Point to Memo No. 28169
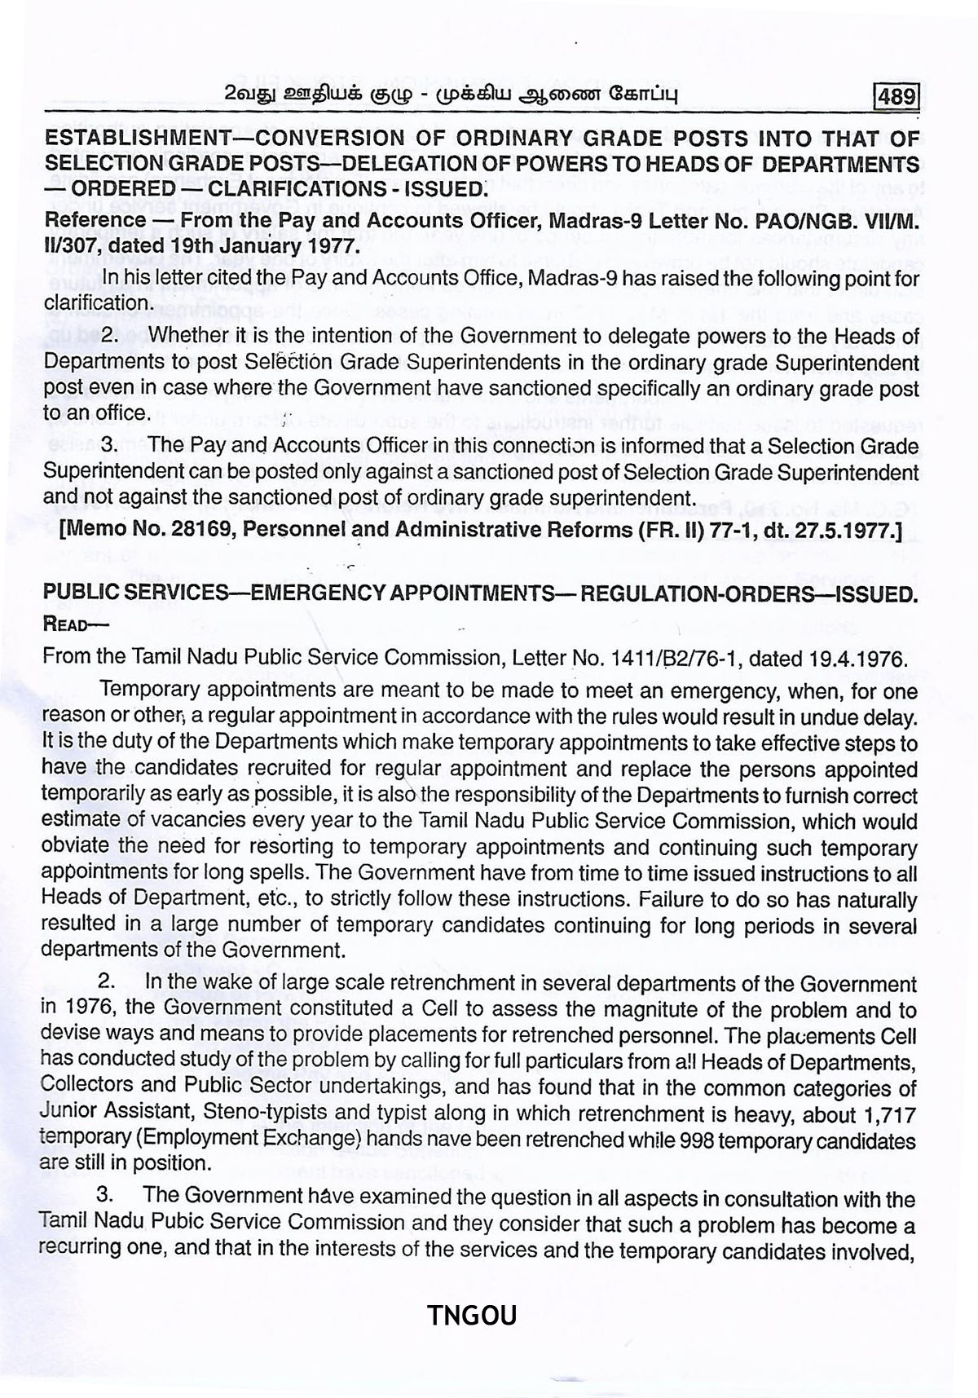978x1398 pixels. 143,531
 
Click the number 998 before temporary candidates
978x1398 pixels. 672,1140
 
